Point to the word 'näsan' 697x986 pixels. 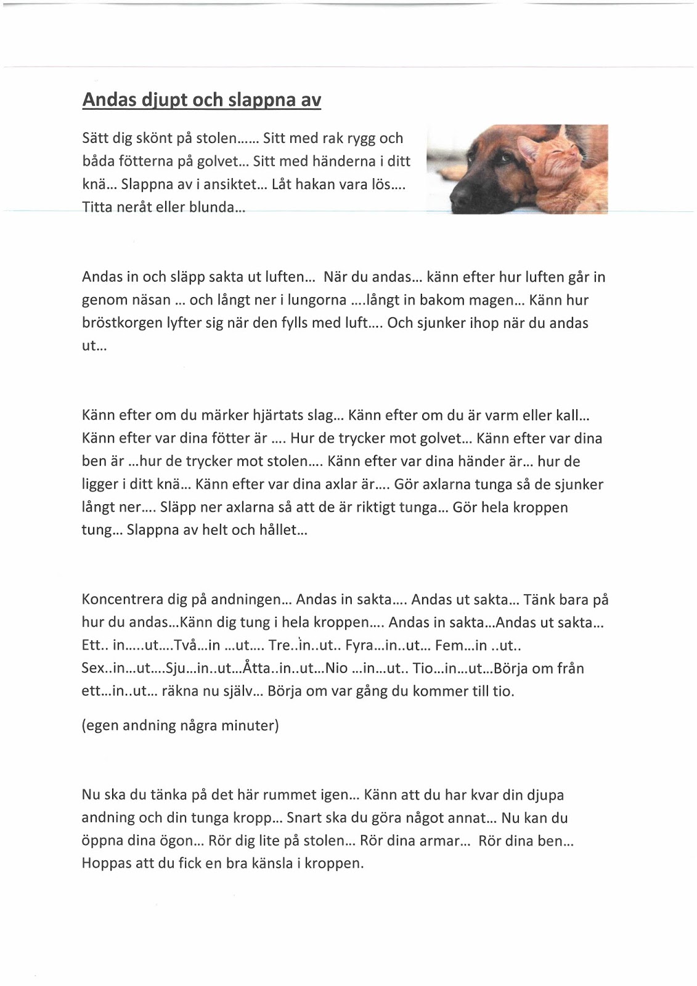pos(148,300)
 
